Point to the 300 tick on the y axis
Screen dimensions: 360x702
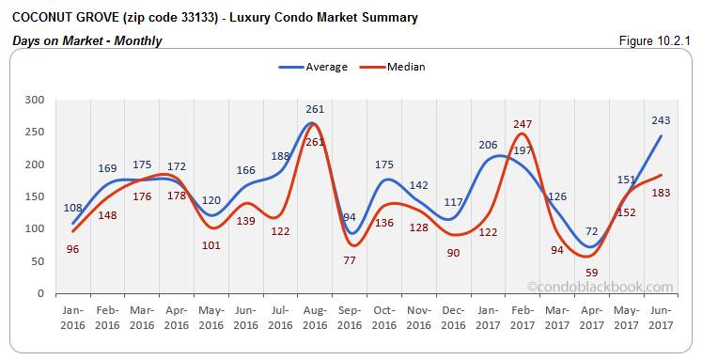(x=35, y=100)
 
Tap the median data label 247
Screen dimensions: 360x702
(x=523, y=123)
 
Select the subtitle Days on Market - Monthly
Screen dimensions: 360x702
(x=86, y=40)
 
